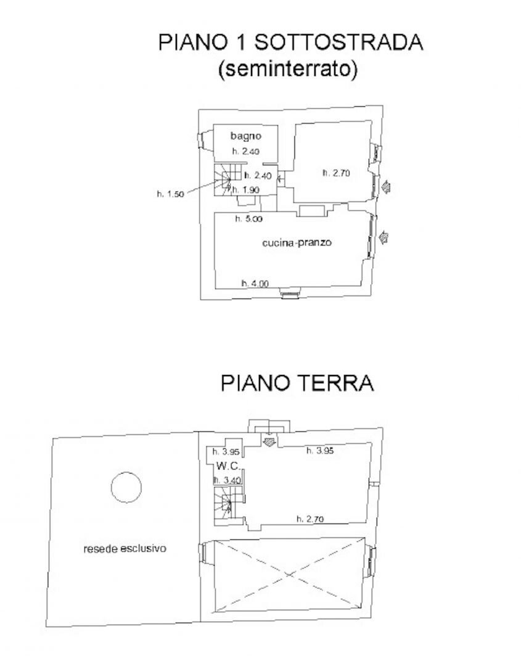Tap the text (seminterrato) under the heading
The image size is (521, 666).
click(288, 70)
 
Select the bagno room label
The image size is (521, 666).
click(247, 136)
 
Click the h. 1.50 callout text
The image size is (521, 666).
click(171, 194)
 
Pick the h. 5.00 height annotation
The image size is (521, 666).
click(248, 218)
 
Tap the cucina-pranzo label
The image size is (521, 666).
click(297, 243)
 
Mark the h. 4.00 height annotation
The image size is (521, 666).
click(255, 284)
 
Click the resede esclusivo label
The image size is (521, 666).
click(126, 548)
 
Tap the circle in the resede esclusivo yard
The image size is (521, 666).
click(126, 487)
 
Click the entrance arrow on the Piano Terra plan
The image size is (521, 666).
click(269, 441)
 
